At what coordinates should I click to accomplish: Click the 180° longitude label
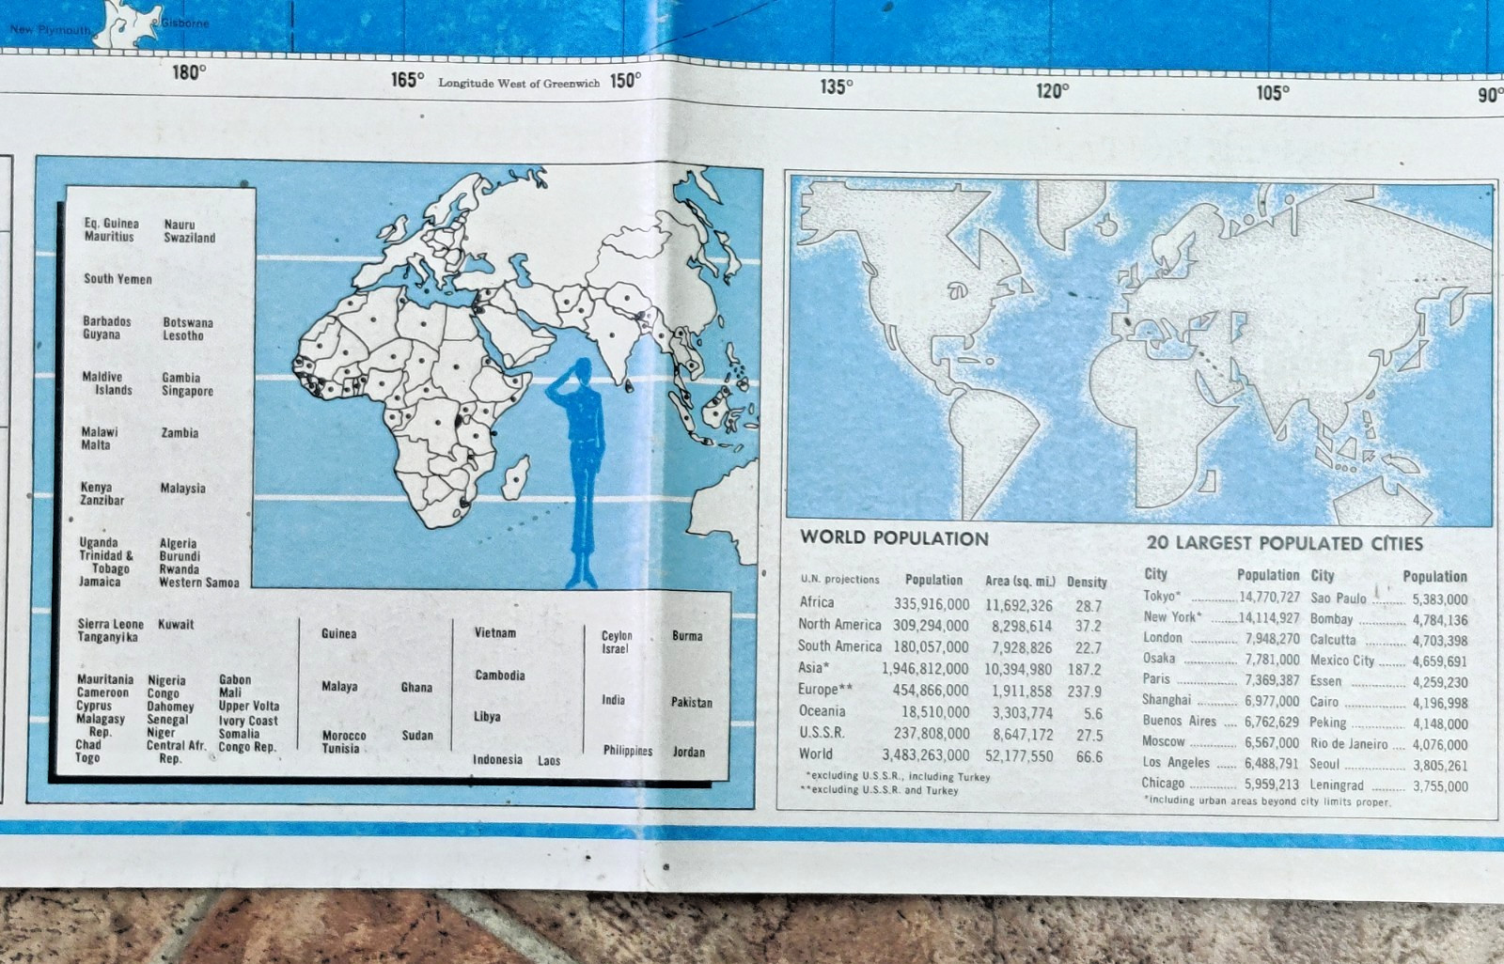188,71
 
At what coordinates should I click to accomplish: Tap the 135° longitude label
836,86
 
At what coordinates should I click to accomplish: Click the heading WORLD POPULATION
894,538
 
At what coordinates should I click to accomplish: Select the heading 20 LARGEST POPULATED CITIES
1284,543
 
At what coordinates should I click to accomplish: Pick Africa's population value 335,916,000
931,604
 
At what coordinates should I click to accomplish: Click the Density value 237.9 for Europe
1084,692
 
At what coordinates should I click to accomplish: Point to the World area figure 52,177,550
1019,755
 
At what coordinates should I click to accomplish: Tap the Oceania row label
822,711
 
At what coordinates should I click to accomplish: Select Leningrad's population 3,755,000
1439,786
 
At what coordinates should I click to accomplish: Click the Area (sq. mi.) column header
1020,582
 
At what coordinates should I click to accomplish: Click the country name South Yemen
117,279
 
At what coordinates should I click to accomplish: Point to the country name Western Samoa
198,583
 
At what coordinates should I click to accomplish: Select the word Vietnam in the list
494,633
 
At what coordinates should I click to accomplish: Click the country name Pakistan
691,702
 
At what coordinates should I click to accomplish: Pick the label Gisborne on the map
184,23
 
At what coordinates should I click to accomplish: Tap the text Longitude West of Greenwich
518,84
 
